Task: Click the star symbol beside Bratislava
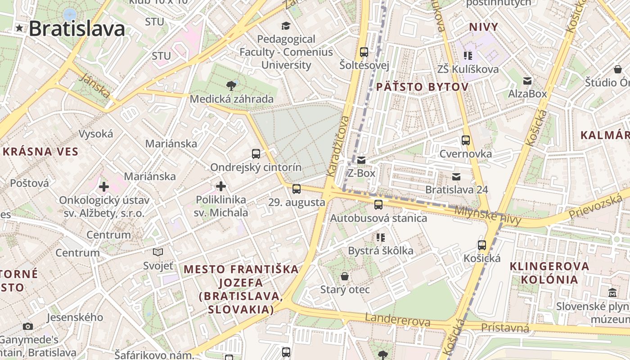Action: click(x=19, y=28)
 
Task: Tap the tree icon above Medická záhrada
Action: click(x=231, y=85)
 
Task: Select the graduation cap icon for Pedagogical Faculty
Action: click(x=285, y=25)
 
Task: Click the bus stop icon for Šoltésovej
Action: click(x=364, y=52)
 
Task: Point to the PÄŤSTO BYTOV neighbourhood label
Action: click(x=422, y=87)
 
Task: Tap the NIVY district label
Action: click(x=484, y=27)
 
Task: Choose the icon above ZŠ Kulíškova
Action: click(x=468, y=56)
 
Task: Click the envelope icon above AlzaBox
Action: click(x=527, y=81)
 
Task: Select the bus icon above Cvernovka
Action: click(x=466, y=140)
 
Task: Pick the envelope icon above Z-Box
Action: click(x=361, y=160)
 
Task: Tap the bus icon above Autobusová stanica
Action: click(x=378, y=205)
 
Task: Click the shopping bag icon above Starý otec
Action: click(x=345, y=276)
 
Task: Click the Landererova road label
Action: click(x=397, y=320)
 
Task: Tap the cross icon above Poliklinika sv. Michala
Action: click(x=221, y=186)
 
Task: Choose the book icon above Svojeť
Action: click(x=158, y=252)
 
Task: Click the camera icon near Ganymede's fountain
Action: click(x=28, y=326)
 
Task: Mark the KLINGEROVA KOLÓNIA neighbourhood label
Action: click(x=549, y=273)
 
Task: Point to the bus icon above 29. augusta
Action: click(x=296, y=189)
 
